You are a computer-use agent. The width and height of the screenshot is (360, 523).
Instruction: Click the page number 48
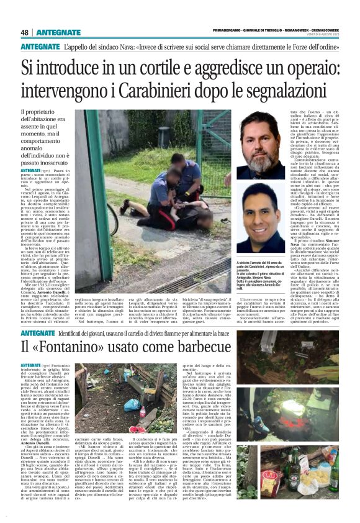coord(25,32)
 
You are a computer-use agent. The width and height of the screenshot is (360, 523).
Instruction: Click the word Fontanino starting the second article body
coord(56,365)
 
